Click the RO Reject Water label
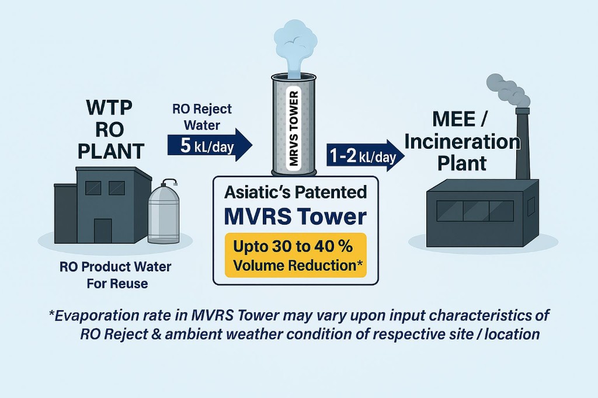pyautogui.click(x=202, y=117)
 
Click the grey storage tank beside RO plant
pyautogui.click(x=165, y=212)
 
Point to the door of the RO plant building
pyautogui.click(x=102, y=231)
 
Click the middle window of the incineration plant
pyautogui.click(x=476, y=210)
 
